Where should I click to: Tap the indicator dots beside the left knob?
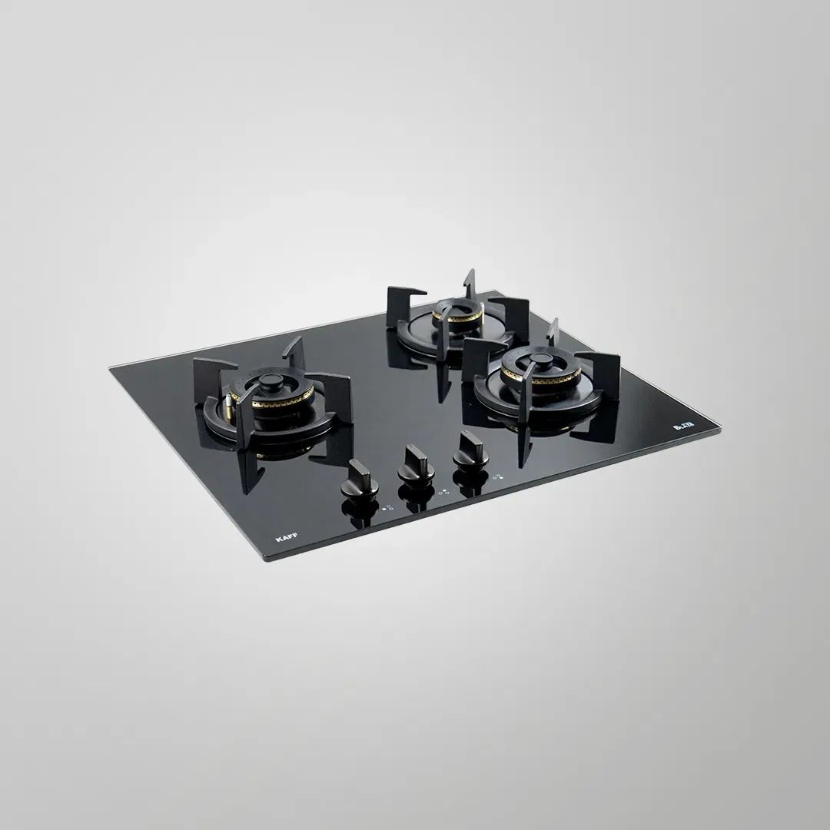[x=387, y=507]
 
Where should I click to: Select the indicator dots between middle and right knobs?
[x=444, y=491]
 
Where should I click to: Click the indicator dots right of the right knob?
[x=498, y=476]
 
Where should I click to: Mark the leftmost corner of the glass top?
[x=111, y=367]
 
